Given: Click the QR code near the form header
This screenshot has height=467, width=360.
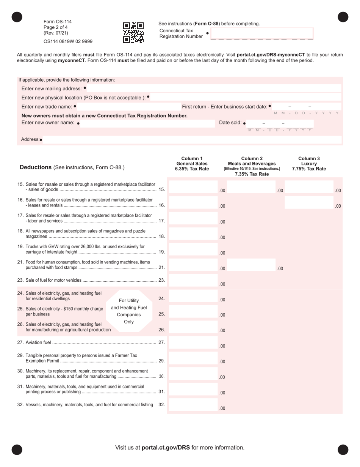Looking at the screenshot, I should pyautogui.click(x=133, y=32).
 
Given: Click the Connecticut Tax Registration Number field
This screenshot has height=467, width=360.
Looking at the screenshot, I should pyautogui.click(x=261, y=33).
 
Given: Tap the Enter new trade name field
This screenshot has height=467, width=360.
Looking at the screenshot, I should pyautogui.click(x=127, y=107).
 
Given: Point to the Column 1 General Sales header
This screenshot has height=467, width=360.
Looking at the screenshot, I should pyautogui.click(x=192, y=164).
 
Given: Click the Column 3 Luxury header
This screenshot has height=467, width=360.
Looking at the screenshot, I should pyautogui.click(x=309, y=164).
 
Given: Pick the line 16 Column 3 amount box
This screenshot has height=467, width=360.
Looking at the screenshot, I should pyautogui.click(x=309, y=203).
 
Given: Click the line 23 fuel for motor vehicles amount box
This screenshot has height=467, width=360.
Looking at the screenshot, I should pyautogui.click(x=193, y=281).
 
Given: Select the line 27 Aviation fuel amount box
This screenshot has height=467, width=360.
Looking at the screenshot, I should pyautogui.click(x=193, y=343).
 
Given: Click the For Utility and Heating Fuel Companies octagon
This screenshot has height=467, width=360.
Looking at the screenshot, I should pyautogui.click(x=129, y=311).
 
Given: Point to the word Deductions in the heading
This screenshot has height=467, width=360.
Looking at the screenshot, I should pyautogui.click(x=36, y=167).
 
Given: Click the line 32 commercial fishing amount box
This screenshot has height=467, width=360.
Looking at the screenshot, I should pyautogui.click(x=193, y=405).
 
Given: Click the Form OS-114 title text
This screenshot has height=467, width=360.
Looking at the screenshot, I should pyautogui.click(x=58, y=22).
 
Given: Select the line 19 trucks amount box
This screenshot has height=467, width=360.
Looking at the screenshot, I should pyautogui.click(x=193, y=249).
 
